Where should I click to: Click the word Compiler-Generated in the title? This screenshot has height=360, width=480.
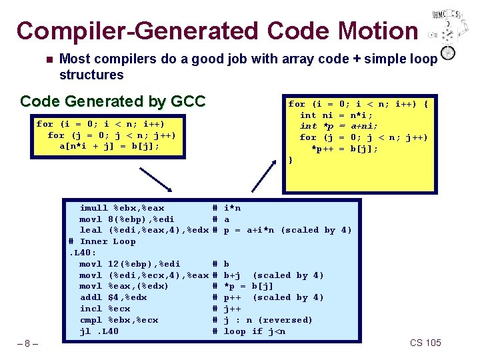(137, 31)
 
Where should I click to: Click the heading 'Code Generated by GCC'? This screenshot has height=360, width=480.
(113, 101)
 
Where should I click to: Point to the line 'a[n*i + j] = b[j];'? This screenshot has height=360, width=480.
(109, 146)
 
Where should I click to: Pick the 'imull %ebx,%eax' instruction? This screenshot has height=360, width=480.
(122, 208)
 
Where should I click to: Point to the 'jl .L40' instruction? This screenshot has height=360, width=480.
(99, 331)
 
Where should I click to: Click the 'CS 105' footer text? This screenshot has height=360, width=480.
(425, 343)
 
